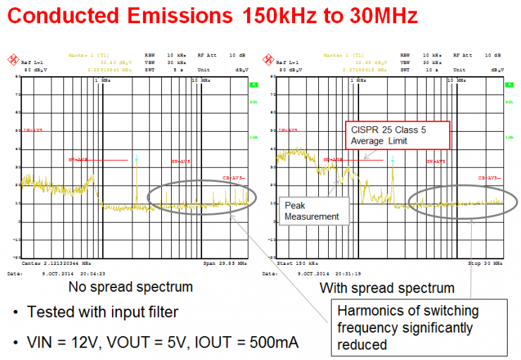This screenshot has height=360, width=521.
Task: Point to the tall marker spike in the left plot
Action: coord(137,176)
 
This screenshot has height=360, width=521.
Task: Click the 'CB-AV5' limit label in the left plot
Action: coord(234,178)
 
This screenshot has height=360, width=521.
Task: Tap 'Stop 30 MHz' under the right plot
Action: coord(487,263)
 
